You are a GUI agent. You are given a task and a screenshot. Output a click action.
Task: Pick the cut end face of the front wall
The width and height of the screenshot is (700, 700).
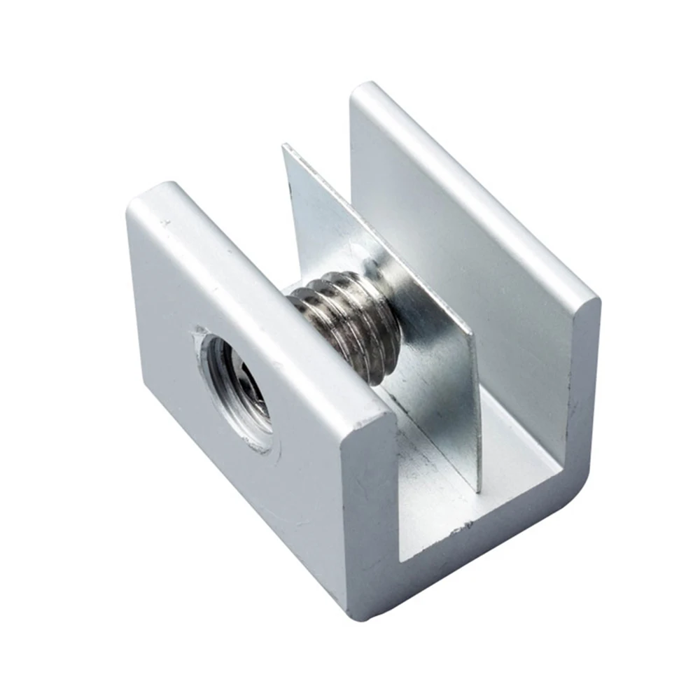click(368, 504)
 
